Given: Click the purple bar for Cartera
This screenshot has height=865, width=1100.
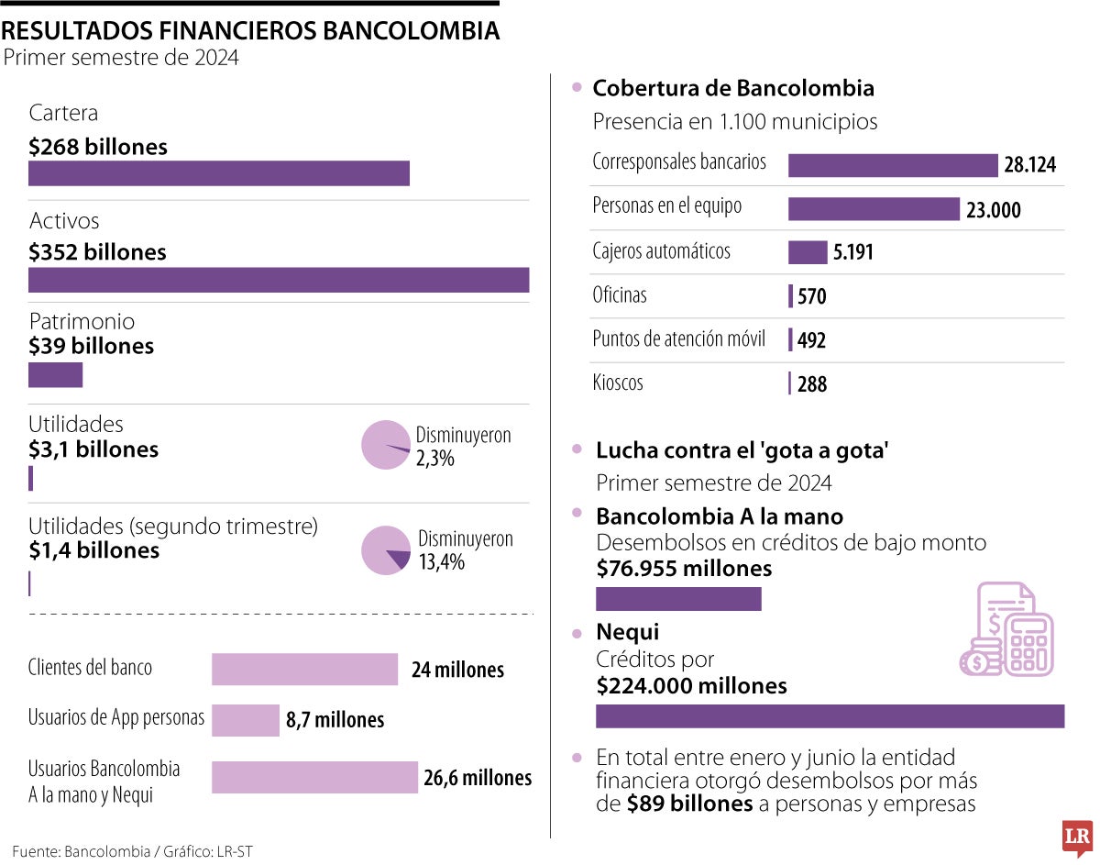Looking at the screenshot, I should [x=218, y=173].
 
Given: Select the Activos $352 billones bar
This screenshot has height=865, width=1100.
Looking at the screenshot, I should [x=279, y=280].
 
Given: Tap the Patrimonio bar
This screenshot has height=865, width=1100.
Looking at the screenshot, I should [x=55, y=375].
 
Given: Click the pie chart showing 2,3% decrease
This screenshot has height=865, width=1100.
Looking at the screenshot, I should [x=385, y=445].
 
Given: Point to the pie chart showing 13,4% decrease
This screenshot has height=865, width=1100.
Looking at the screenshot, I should [x=386, y=550].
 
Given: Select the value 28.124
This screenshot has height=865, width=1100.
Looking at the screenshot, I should [x=1029, y=165].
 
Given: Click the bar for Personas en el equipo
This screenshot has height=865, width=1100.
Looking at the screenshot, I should [x=873, y=209].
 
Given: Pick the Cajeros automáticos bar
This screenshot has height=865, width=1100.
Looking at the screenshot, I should [x=807, y=252].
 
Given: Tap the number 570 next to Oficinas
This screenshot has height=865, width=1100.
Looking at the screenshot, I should [x=812, y=296].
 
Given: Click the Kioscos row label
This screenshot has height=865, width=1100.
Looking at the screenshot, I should [x=618, y=383].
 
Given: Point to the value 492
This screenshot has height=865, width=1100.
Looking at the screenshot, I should [x=811, y=340].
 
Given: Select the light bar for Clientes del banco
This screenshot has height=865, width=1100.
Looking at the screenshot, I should [x=304, y=669].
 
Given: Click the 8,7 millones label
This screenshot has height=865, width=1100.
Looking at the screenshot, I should [x=335, y=720].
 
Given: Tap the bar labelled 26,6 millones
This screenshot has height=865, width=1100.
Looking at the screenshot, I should [x=314, y=778].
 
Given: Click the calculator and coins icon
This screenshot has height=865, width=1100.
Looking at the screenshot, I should [x=1006, y=630].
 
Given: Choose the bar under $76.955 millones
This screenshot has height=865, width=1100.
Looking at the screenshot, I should [x=678, y=599].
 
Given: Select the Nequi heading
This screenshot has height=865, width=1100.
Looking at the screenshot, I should [x=627, y=632].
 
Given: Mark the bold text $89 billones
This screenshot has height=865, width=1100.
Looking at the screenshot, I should [x=689, y=804].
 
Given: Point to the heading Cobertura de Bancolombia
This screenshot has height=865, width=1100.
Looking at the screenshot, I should [x=732, y=88].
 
